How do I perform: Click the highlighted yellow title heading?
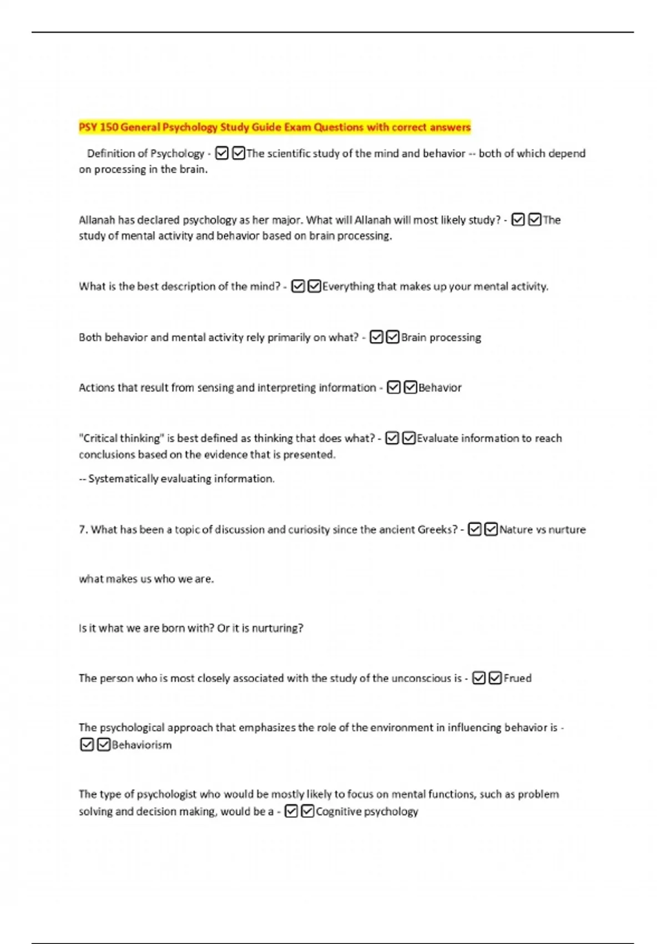274,127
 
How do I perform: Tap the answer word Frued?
517,678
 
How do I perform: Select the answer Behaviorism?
142,745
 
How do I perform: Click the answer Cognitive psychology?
366,811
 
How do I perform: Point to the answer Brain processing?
441,337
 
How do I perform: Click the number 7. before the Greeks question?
83,530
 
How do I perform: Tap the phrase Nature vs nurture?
542,530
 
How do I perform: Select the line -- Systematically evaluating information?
176,479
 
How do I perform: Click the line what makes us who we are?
146,579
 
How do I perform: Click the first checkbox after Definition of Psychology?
221,153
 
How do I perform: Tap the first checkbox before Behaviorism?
87,745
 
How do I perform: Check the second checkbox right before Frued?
495,678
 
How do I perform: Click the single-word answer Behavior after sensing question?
440,388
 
